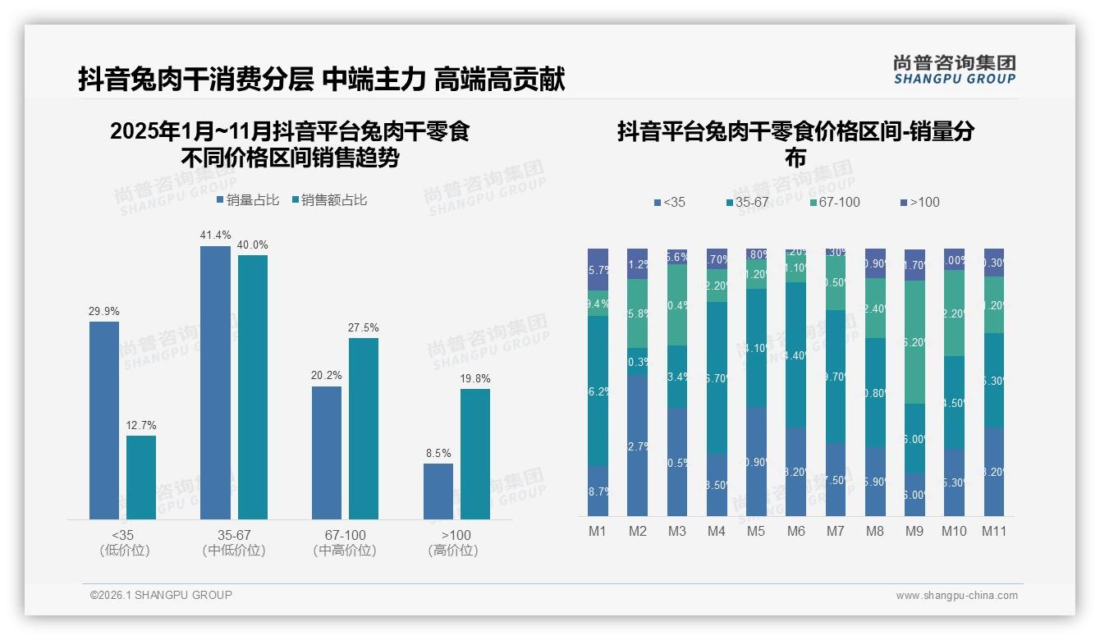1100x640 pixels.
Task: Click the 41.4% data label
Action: pos(215,235)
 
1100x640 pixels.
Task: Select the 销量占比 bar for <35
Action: pos(104,419)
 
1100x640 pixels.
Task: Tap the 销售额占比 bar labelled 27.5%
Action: pos(364,427)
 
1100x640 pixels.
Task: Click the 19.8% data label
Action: pos(474,378)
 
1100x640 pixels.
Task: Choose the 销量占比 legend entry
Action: pos(248,200)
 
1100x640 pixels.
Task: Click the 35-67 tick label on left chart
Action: pos(234,535)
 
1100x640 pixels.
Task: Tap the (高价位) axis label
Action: pos(453,551)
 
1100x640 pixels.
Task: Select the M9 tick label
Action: pos(914,531)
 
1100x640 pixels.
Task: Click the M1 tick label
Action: pos(598,531)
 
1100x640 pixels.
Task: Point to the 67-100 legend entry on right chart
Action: pos(835,202)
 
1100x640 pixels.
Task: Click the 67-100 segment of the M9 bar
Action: pos(914,341)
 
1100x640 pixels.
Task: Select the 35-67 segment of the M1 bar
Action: pos(598,391)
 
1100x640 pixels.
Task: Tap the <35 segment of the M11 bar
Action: pos(994,471)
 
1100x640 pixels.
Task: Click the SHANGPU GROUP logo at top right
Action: pos(954,70)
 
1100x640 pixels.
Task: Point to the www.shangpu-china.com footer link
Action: pos(956,596)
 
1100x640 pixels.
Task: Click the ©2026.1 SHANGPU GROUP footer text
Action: pos(161,595)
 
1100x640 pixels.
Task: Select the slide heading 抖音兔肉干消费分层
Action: pos(196,80)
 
